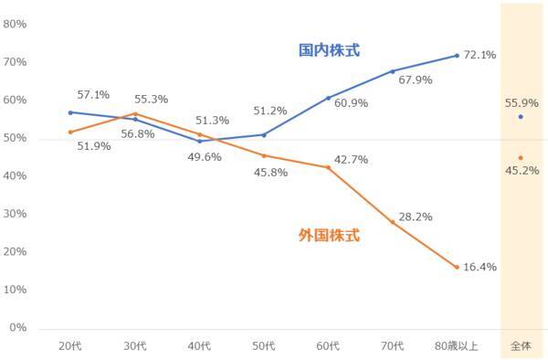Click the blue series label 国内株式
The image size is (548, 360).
pos(329,49)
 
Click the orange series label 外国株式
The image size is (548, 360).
pos(329,235)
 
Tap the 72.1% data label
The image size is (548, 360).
pos(479,55)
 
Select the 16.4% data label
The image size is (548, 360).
pos(479,267)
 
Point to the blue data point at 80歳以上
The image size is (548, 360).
pos(457,56)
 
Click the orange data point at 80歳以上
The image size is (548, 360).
pos(457,267)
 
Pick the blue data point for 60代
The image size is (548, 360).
pos(328,98)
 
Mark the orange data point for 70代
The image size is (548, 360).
pos(393,222)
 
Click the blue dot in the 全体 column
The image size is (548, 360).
pos(521,117)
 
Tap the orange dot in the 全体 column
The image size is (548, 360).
pos(521,157)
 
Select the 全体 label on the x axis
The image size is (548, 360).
pos(521,345)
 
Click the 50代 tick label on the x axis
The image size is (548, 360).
pos(264,345)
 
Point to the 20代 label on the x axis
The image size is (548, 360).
pos(71,345)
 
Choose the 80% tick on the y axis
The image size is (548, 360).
pos(16,24)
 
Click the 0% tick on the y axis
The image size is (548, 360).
pos(18,327)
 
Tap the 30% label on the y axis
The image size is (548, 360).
pos(16,213)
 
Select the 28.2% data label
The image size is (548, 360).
pos(416,217)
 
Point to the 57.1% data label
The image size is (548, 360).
pos(93,94)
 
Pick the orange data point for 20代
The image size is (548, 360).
pos(71,132)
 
